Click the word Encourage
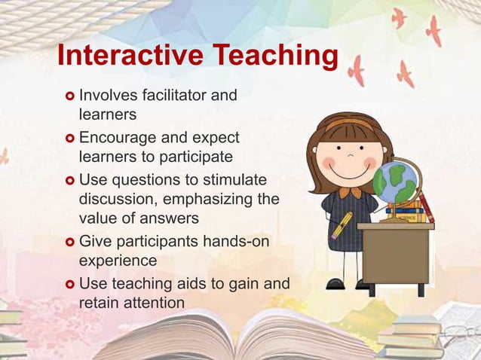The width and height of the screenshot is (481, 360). click(118, 139)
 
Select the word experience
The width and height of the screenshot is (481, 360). click(118, 261)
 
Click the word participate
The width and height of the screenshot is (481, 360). click(192, 157)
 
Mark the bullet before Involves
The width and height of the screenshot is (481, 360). click(69, 96)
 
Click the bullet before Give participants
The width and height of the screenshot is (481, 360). click(69, 243)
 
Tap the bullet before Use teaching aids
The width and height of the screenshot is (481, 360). click(69, 285)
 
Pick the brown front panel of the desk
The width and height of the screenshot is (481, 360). click(395, 256)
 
